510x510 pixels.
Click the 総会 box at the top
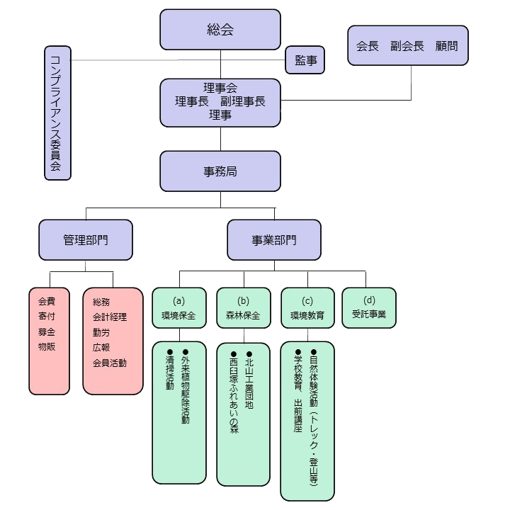point(220,30)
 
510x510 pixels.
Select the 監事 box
point(305,61)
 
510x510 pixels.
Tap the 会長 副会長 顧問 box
point(407,46)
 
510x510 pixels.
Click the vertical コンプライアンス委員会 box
point(57,113)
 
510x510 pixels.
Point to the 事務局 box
point(220,171)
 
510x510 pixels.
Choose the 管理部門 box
point(86,239)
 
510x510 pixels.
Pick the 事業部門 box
point(274,239)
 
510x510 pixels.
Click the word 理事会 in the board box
point(220,88)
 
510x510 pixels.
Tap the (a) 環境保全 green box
point(179,307)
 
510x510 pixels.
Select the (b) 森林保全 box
point(244,307)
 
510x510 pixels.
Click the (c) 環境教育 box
point(307,307)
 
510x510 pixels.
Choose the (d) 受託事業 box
point(369,307)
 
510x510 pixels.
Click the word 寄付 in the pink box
point(47,316)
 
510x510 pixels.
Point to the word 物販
point(47,346)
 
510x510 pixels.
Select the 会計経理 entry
point(110,317)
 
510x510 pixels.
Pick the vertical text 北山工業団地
point(249,382)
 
